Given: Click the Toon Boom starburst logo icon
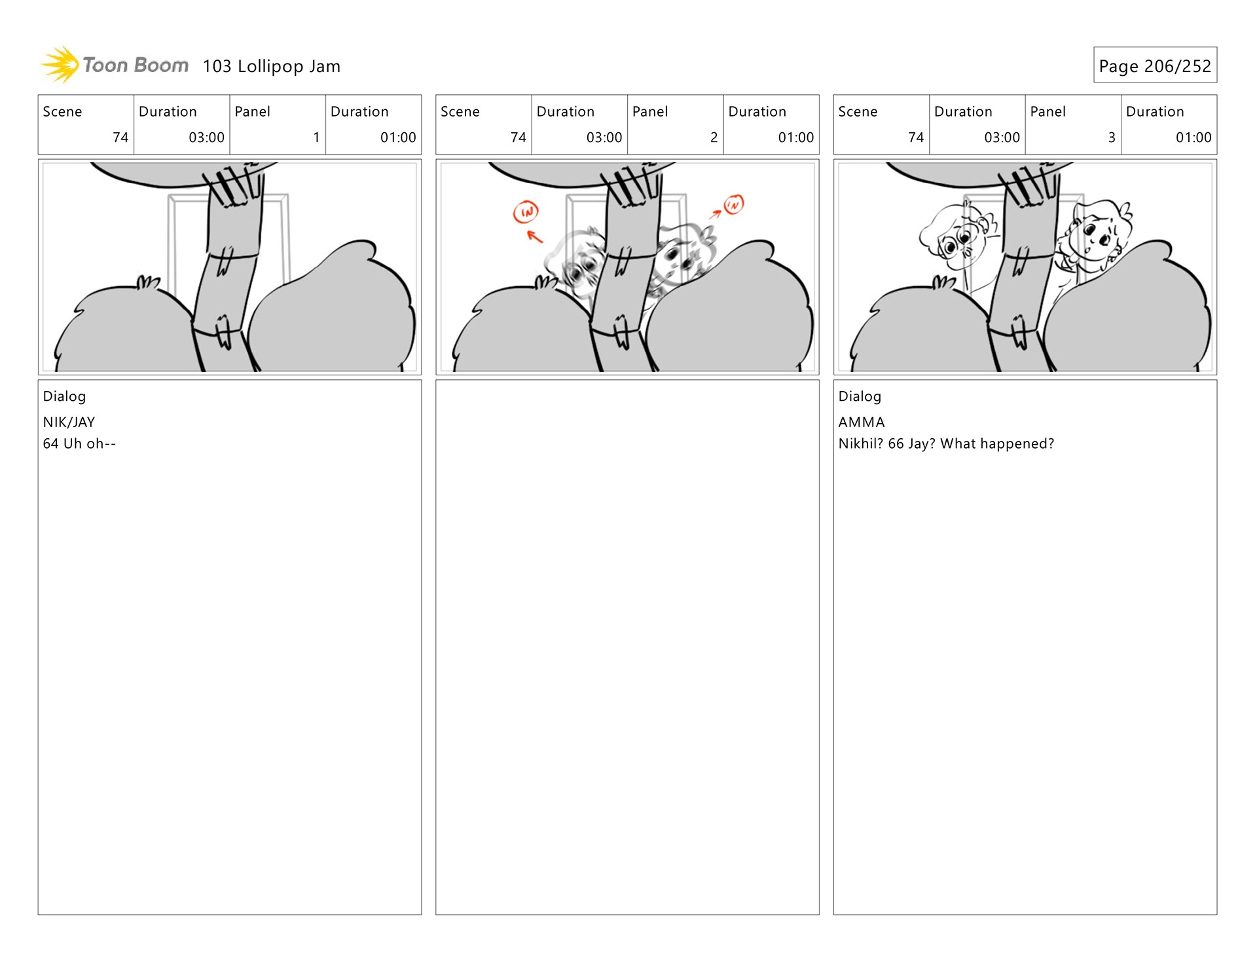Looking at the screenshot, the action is point(60,65).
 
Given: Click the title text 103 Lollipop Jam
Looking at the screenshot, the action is point(271,66).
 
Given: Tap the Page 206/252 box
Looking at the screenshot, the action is point(1154,65).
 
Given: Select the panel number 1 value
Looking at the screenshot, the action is point(316,138).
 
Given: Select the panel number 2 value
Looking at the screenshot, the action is point(714,138).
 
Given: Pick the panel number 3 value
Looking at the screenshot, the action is point(1111,138).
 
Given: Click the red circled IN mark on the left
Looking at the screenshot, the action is point(526,212).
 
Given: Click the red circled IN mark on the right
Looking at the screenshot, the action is point(733,204).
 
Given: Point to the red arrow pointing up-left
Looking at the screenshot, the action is point(535,236).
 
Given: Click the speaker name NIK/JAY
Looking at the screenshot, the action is point(69,422).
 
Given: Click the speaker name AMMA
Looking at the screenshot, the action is point(861,422).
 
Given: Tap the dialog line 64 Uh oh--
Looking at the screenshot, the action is point(79,444).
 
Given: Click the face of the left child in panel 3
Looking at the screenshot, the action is point(960,242).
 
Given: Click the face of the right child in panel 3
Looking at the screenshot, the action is point(1093,236).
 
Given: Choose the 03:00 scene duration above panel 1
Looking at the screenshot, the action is point(206,138).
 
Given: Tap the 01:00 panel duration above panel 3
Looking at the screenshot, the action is point(1193,138).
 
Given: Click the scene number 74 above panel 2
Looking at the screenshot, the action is point(518,138).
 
